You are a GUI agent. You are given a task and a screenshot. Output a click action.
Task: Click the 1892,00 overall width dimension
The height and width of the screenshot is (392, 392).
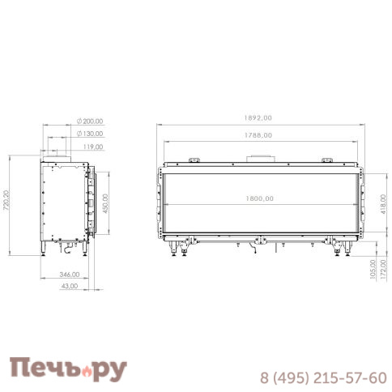(x=260, y=117)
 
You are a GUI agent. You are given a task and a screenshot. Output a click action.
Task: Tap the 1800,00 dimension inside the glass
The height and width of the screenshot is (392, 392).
(x=260, y=198)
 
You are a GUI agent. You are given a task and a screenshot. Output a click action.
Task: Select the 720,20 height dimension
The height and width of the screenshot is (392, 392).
(x=7, y=200)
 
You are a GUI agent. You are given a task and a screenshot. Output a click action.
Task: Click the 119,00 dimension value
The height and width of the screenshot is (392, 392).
(x=93, y=147)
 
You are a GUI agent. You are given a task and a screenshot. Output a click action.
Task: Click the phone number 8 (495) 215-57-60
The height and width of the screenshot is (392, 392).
(x=322, y=378)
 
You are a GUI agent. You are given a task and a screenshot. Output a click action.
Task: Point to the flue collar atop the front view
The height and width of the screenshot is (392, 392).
(x=260, y=157)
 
